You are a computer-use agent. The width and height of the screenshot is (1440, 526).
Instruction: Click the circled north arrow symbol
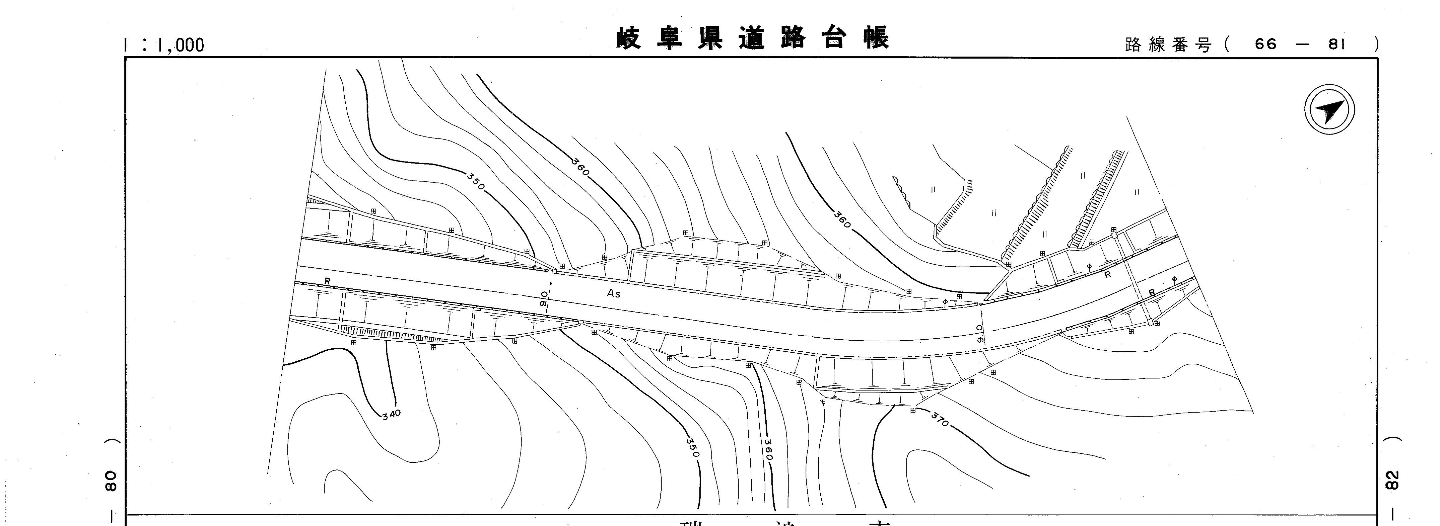coord(1329,109)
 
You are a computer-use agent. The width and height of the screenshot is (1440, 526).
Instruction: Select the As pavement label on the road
coord(613,293)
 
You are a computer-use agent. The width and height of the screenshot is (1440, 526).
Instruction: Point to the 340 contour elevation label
coord(391,414)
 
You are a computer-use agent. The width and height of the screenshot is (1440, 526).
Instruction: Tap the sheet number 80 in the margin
coord(111,481)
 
